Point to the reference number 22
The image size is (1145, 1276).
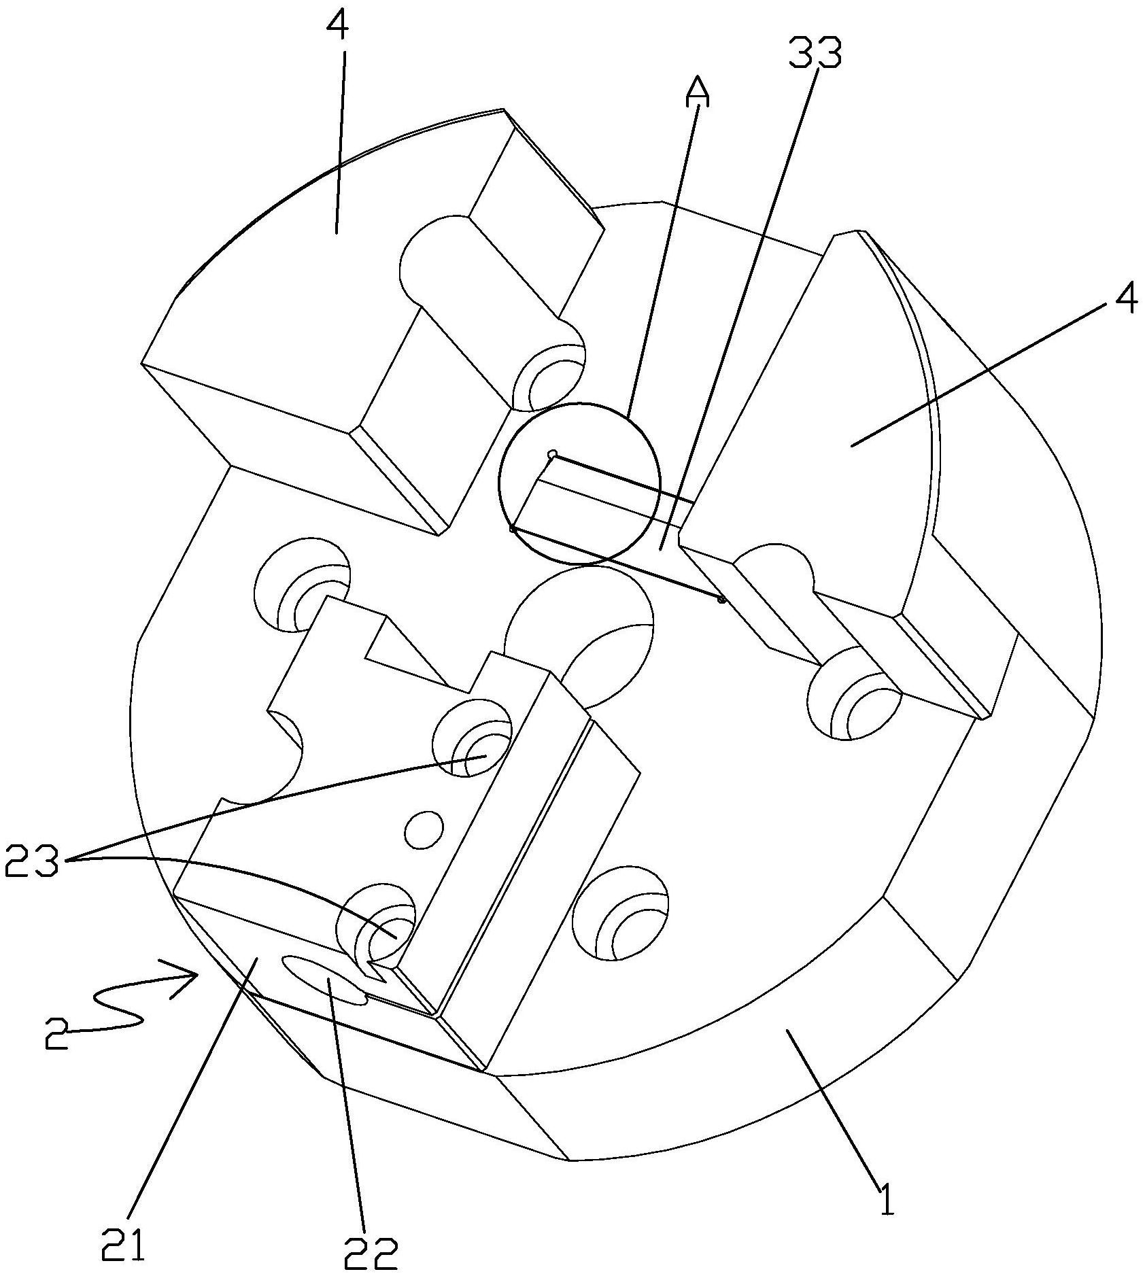coord(371,1252)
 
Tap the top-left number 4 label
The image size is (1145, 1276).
coord(339,27)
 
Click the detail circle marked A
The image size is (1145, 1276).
coord(579,483)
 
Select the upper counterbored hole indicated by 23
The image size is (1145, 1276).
coord(474,740)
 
